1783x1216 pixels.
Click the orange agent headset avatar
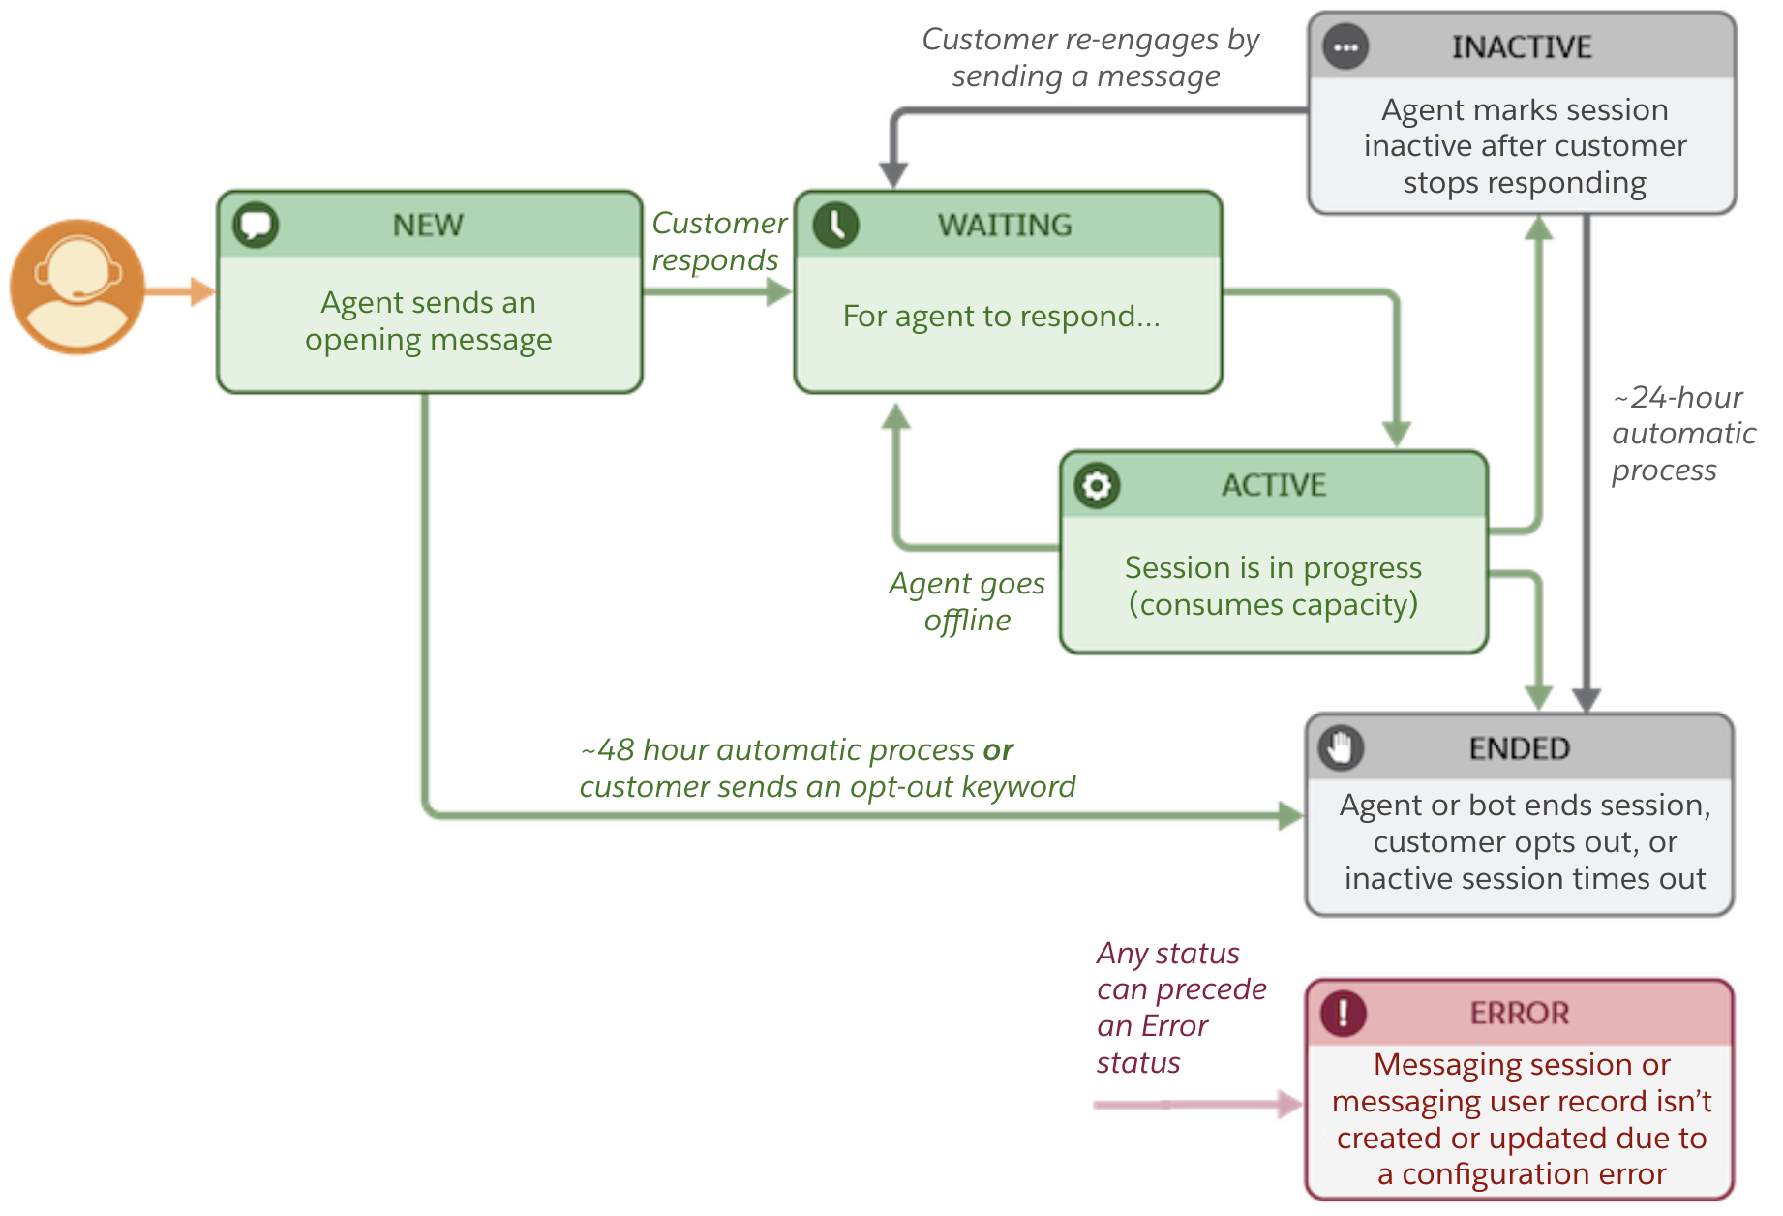point(77,288)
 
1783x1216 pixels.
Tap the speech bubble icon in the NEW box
point(256,225)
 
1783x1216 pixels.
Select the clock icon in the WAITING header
point(835,225)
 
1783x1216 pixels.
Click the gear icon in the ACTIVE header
point(1097,485)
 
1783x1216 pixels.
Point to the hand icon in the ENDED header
point(1341,747)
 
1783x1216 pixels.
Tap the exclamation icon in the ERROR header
point(1344,1013)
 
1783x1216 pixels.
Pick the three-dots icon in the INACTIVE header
point(1345,46)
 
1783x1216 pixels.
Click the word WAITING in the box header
point(1005,225)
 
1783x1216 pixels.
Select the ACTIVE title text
point(1274,485)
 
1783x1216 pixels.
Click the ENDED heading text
point(1519,748)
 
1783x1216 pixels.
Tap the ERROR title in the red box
point(1519,1013)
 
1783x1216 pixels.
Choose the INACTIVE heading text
point(1522,46)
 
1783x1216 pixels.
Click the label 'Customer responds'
point(718,241)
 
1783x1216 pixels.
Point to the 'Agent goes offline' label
point(967,601)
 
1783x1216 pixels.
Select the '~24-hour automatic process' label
point(1682,433)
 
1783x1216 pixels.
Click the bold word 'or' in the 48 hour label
point(998,750)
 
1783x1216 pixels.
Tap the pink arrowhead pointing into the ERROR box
point(1290,1104)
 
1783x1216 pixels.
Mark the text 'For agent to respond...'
point(1001,317)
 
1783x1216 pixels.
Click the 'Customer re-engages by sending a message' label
point(1089,57)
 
